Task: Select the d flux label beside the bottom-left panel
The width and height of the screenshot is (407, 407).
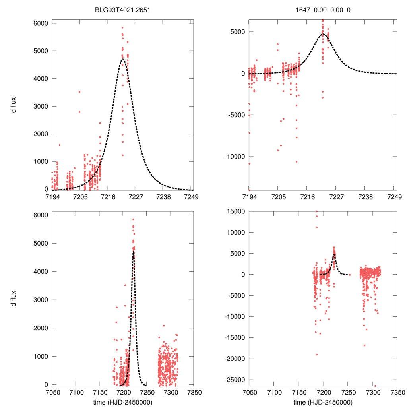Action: click(14, 298)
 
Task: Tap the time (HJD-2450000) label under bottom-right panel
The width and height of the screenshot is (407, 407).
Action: click(322, 402)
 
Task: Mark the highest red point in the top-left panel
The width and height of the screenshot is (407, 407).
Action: click(122, 27)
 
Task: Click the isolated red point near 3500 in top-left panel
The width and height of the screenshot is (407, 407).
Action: click(79, 92)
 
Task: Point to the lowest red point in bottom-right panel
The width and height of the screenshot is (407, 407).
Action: click(375, 386)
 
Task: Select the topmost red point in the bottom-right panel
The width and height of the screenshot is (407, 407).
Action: click(316, 211)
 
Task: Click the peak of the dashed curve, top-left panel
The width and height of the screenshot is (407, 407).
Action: click(123, 59)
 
